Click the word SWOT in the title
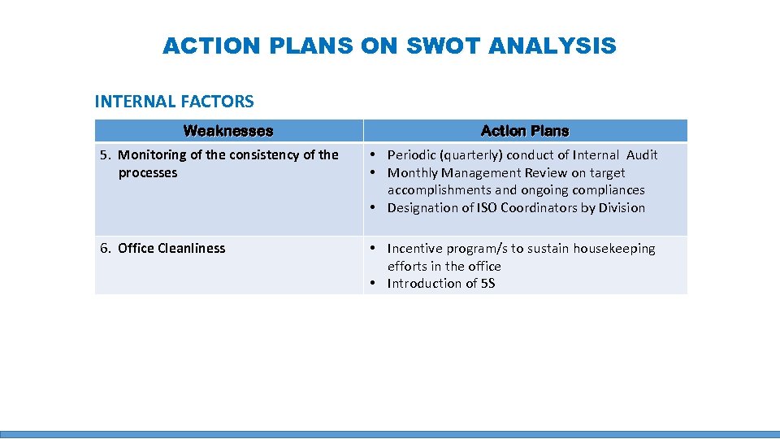point(443,46)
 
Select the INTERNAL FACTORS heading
point(174,102)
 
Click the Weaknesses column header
point(228,131)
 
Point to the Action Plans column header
point(525,131)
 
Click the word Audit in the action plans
point(642,155)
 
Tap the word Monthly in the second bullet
point(413,172)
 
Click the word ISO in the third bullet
point(483,208)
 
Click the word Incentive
point(415,249)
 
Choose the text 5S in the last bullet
point(487,284)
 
